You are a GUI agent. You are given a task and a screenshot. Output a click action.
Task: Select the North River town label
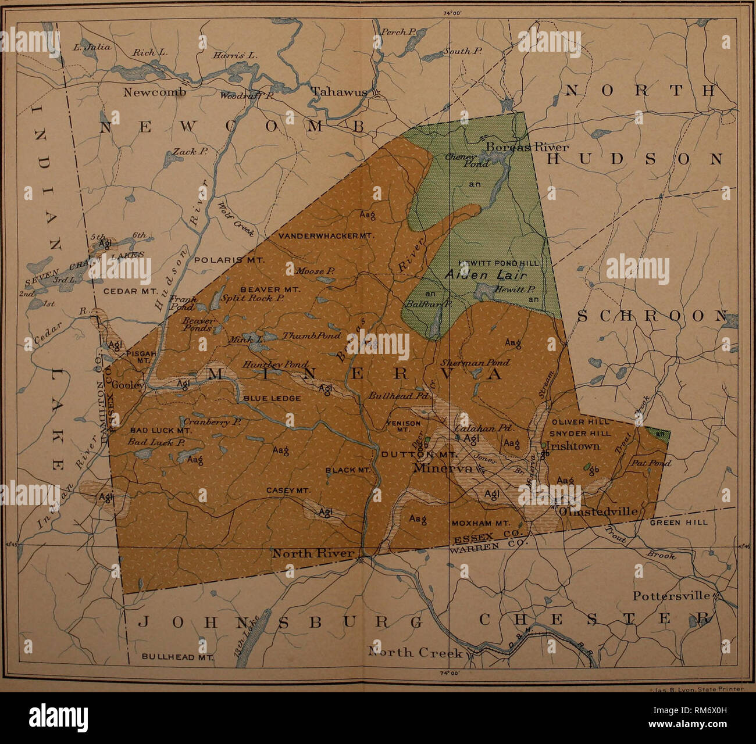(x=312, y=553)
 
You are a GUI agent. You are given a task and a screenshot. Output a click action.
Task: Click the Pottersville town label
(x=671, y=596)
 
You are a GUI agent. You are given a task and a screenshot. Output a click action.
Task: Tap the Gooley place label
(x=127, y=385)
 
